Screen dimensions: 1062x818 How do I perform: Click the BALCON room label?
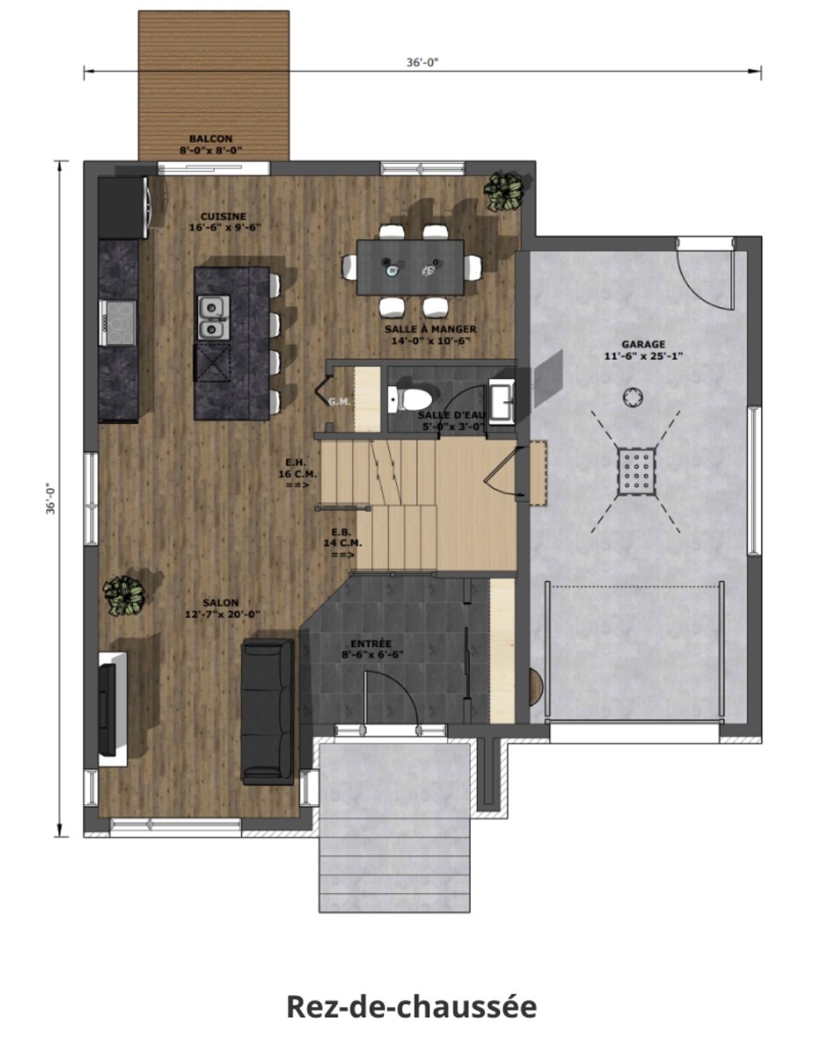pyautogui.click(x=210, y=139)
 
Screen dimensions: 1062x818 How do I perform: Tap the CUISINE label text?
pyautogui.click(x=223, y=217)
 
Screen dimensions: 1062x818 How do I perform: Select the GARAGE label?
pyautogui.click(x=643, y=344)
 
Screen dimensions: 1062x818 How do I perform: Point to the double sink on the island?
pyautogui.click(x=213, y=316)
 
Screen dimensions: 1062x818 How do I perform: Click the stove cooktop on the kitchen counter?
pyautogui.click(x=117, y=322)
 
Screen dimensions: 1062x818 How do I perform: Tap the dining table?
pyautogui.click(x=410, y=266)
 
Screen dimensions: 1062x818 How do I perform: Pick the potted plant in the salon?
pyautogui.click(x=124, y=595)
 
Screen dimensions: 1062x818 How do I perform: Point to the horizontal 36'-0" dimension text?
pyautogui.click(x=422, y=62)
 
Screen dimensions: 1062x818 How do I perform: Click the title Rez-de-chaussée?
pyautogui.click(x=412, y=1007)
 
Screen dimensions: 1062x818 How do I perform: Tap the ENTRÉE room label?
pyautogui.click(x=371, y=643)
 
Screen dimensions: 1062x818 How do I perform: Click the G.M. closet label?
pyautogui.click(x=339, y=402)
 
